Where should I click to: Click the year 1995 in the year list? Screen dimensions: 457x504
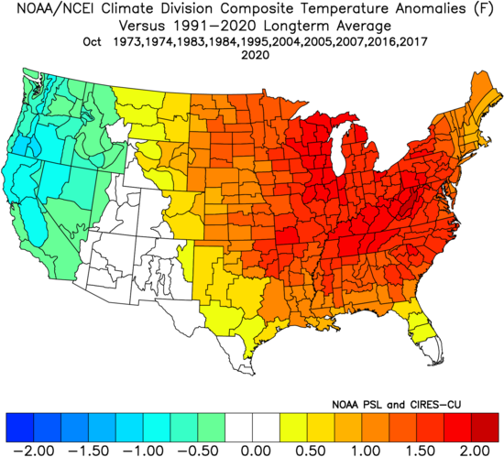pos(256,42)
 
